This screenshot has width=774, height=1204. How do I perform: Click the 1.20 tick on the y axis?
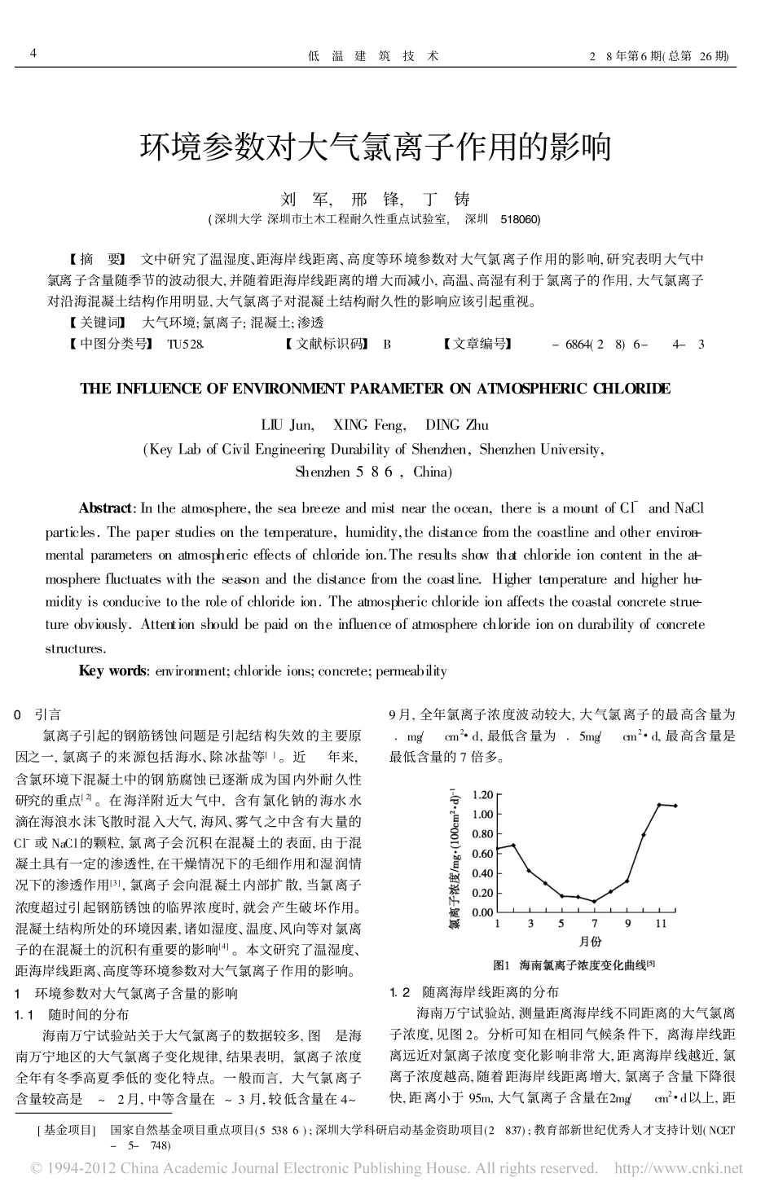pyautogui.click(x=483, y=794)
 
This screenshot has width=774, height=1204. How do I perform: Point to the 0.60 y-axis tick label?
pyautogui.click(x=483, y=853)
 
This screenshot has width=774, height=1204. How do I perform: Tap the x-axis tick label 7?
pyautogui.click(x=595, y=924)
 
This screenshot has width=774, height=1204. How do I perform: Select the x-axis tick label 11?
pyautogui.click(x=661, y=924)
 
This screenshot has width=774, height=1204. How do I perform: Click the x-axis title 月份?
pyautogui.click(x=591, y=942)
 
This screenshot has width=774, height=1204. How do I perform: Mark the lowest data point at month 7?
pyautogui.click(x=595, y=901)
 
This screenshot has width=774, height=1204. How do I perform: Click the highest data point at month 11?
pyautogui.click(x=659, y=805)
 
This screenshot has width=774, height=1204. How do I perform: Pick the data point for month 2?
pyautogui.click(x=513, y=846)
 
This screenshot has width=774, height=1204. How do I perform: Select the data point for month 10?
pyautogui.click(x=644, y=835)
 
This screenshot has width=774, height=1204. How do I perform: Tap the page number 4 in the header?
pyautogui.click(x=33, y=55)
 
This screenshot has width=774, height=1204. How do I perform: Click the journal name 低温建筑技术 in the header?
pyautogui.click(x=374, y=56)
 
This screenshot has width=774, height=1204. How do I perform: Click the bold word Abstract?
pyautogui.click(x=105, y=508)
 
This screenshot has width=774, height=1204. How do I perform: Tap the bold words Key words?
pyautogui.click(x=112, y=671)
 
